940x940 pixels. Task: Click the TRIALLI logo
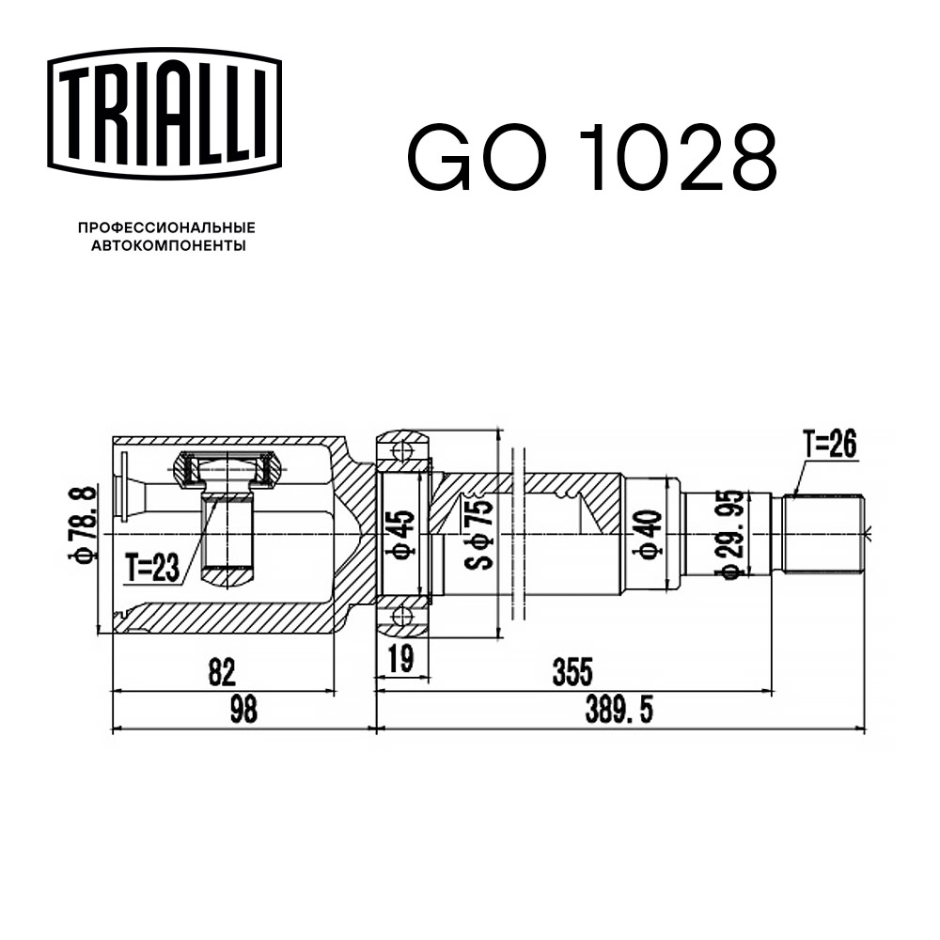pyautogui.click(x=164, y=114)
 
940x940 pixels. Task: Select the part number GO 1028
pyautogui.click(x=591, y=157)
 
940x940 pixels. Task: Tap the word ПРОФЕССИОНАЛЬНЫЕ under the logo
pyautogui.click(x=166, y=227)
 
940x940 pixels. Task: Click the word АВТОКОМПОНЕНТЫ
pyautogui.click(x=168, y=245)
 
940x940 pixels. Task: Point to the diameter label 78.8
pyautogui.click(x=82, y=524)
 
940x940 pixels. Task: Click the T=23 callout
pyautogui.click(x=152, y=567)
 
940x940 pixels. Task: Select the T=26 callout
pyautogui.click(x=830, y=445)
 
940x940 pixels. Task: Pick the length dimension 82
pyautogui.click(x=222, y=672)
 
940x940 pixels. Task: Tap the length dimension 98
pyautogui.click(x=243, y=709)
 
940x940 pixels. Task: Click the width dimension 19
pyautogui.click(x=400, y=658)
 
